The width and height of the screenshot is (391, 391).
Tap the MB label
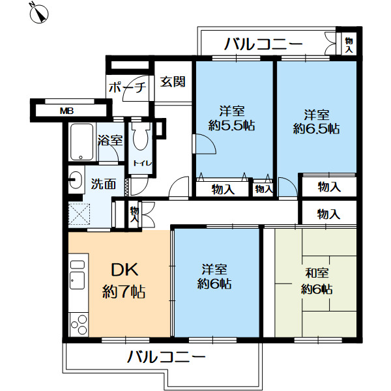(x=66, y=111)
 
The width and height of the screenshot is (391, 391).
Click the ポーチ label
(x=128, y=87)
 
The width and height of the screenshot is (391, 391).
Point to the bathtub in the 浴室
(x=81, y=141)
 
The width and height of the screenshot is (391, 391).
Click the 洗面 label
(x=103, y=184)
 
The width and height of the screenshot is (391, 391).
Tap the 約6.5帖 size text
(x=315, y=128)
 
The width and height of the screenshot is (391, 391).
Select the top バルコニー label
(x=263, y=44)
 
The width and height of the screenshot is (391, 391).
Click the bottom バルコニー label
(x=166, y=356)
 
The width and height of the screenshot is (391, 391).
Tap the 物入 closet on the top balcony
(x=348, y=45)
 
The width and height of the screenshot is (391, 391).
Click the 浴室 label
(x=110, y=139)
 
